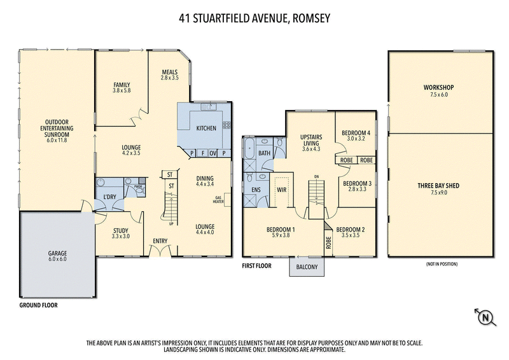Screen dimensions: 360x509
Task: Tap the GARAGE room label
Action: tap(57, 253)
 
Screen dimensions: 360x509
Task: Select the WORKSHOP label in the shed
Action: tap(440, 87)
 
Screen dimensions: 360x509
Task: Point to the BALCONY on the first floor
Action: tap(308, 267)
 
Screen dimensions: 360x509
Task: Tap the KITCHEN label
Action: tap(206, 128)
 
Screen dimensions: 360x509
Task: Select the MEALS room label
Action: tap(169, 72)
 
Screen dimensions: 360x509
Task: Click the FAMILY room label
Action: tap(122, 85)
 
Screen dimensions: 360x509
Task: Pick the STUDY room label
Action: tap(121, 231)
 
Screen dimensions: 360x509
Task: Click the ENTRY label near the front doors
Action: tap(159, 241)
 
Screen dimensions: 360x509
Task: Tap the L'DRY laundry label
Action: tap(109, 197)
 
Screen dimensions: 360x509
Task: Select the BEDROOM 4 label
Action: tap(354, 132)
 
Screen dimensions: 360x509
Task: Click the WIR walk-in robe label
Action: tap(281, 189)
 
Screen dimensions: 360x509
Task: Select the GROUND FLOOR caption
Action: tap(38, 305)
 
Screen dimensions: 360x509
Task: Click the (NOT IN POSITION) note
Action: tap(440, 263)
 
